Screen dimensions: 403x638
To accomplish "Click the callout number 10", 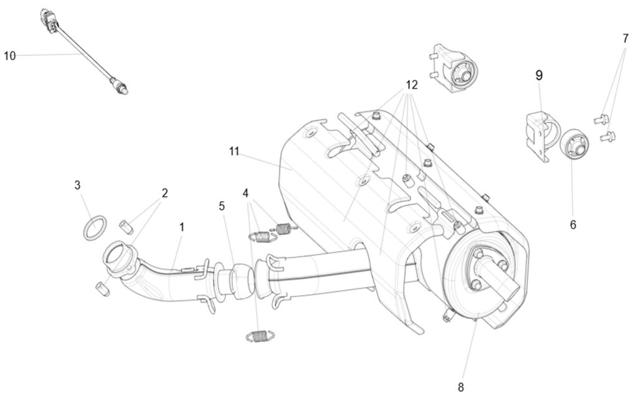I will (x=9, y=55).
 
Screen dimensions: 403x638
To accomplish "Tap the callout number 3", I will (x=77, y=185).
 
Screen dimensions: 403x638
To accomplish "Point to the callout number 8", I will (x=460, y=387).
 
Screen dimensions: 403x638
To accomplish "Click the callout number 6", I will (x=573, y=224).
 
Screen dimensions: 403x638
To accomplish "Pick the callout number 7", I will (x=625, y=38).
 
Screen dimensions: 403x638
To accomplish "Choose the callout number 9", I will (x=539, y=75).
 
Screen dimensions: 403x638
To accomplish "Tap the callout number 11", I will (x=234, y=151).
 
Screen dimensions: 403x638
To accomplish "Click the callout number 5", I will (x=222, y=206).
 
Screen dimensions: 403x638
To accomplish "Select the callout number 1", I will (x=182, y=227).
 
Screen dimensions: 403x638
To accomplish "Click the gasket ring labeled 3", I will (x=94, y=227).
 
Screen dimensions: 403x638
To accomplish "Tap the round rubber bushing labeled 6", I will (x=575, y=145).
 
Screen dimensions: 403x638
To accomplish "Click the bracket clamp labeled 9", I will (x=537, y=132).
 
